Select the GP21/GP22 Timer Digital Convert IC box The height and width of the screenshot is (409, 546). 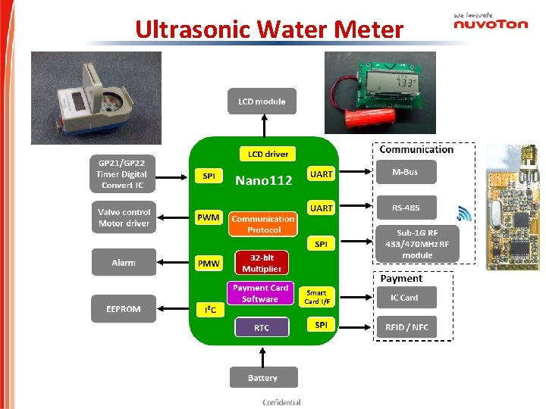pos(123,173)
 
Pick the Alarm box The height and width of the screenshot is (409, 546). pos(123,263)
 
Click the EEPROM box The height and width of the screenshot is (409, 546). pos(123,308)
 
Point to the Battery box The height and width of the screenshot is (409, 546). pos(263,377)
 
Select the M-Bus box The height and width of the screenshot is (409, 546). pos(405,173)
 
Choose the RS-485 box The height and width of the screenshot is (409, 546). pos(405,208)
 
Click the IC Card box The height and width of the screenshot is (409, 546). pos(405,298)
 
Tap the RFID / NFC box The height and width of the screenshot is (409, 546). pos(406,327)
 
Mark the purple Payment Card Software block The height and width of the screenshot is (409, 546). pos(260,293)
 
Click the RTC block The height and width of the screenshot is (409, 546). pos(262,327)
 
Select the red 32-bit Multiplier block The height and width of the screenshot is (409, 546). pos(262,263)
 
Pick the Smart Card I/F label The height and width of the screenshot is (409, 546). pos(317,297)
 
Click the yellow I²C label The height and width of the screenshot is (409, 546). pos(209,310)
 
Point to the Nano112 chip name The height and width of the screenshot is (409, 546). pos(263,180)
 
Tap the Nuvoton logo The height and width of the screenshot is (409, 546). pos(491,22)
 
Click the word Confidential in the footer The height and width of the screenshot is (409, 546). pos(281,402)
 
